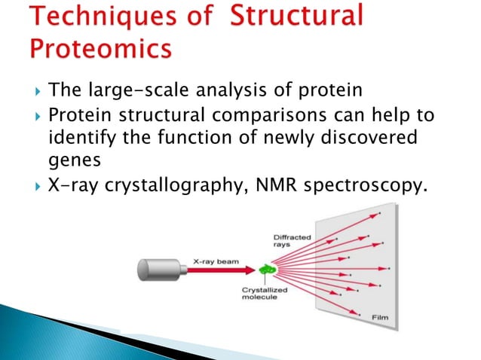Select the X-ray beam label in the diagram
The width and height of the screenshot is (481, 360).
216,261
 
